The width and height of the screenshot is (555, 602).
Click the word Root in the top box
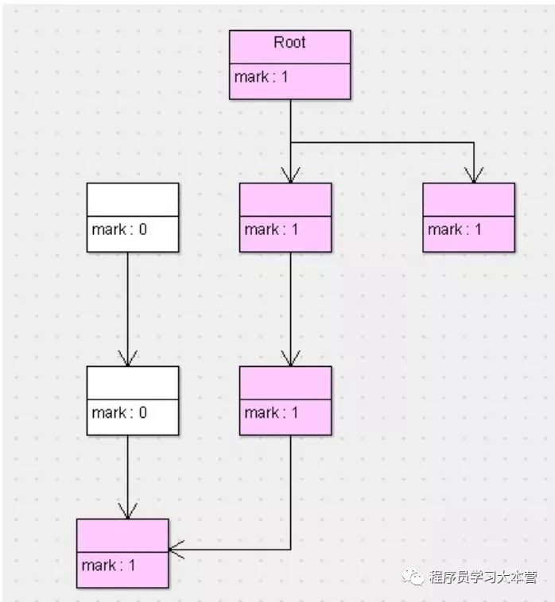click(x=289, y=43)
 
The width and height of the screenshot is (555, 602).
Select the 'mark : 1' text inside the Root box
click(x=261, y=78)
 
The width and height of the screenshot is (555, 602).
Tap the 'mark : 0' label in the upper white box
click(x=119, y=230)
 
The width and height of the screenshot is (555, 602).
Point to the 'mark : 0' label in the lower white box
click(x=119, y=412)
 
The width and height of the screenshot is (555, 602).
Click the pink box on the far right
click(x=468, y=217)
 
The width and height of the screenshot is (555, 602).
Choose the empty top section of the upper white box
click(x=132, y=199)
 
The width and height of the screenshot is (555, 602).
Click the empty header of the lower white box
click(x=132, y=382)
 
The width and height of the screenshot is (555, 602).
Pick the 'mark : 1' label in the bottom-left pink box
click(x=108, y=565)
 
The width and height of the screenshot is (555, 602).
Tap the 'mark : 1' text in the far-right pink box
click(x=455, y=230)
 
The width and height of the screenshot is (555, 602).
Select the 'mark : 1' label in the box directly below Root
click(x=272, y=230)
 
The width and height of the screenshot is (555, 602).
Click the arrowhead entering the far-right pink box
click(x=474, y=176)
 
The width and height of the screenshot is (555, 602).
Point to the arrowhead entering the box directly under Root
click(x=290, y=176)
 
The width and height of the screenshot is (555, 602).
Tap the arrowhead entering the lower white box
click(x=127, y=359)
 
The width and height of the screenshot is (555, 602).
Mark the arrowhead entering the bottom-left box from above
click(x=127, y=512)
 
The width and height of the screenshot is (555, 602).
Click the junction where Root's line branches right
click(x=290, y=143)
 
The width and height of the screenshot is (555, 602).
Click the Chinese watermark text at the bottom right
click(x=483, y=577)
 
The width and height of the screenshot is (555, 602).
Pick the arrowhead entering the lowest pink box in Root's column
click(x=290, y=359)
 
